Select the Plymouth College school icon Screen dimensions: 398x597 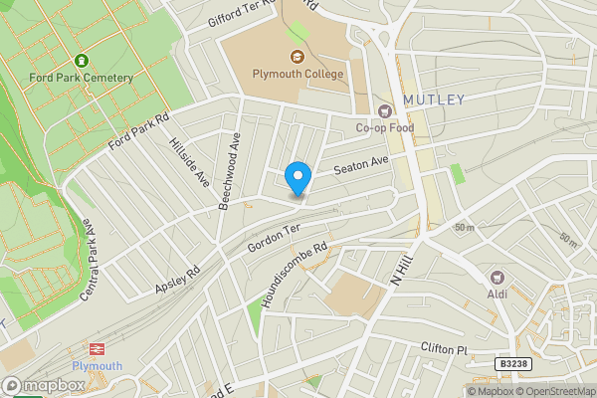(x=297, y=57)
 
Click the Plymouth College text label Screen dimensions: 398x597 (x=297, y=75)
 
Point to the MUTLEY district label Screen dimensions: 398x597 (x=434, y=99)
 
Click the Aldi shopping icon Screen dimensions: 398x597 (x=497, y=277)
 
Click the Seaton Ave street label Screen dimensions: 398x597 (x=360, y=164)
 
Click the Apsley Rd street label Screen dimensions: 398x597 (x=178, y=279)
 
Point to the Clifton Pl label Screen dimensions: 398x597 (x=444, y=350)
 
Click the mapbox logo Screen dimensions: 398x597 (x=44, y=385)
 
